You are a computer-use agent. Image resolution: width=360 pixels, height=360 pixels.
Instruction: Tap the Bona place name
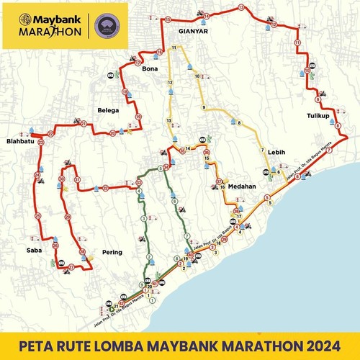click(x=150, y=68)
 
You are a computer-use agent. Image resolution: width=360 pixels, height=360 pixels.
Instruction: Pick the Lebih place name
click(x=276, y=153)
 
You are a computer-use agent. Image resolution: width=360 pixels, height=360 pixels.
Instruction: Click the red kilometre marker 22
click(x=50, y=134)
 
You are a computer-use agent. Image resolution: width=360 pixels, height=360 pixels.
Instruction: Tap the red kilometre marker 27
click(x=71, y=268)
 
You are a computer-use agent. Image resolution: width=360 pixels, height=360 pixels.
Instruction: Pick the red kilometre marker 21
click(x=84, y=124)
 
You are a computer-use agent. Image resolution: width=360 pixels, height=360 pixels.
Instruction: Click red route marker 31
click(x=78, y=180)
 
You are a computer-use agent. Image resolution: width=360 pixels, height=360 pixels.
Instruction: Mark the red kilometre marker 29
click(x=67, y=216)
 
